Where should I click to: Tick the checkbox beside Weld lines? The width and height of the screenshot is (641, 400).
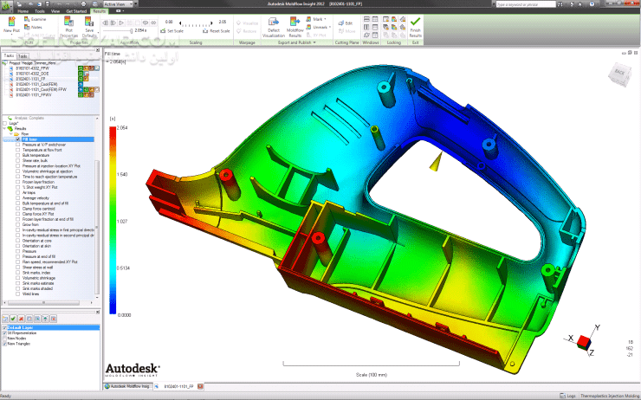[x=17, y=294]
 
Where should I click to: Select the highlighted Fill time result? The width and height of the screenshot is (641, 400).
[x=29, y=139]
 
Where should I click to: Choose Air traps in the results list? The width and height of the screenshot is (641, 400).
[x=30, y=193]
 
